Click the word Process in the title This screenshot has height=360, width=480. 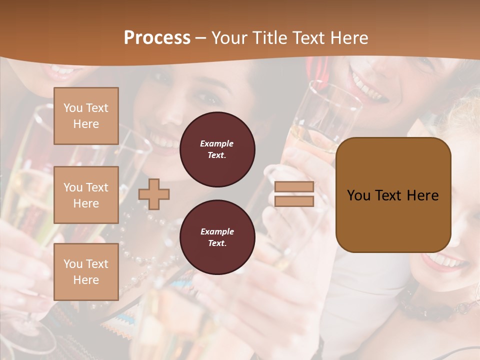(157, 38)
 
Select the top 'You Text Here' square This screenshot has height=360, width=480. (86, 116)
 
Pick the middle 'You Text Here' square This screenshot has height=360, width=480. (86, 195)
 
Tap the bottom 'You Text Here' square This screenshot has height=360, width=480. (86, 271)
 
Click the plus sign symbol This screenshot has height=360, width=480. (154, 194)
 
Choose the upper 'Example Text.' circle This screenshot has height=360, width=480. (217, 149)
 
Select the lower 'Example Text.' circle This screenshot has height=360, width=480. (217, 237)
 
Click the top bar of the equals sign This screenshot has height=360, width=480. (294, 187)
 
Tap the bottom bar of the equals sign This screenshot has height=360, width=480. (294, 201)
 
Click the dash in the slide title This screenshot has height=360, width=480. (200, 38)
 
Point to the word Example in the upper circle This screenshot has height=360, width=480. (217, 144)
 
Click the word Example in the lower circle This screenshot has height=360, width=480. (217, 232)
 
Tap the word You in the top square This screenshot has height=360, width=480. (73, 108)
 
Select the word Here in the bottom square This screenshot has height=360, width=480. (86, 280)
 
